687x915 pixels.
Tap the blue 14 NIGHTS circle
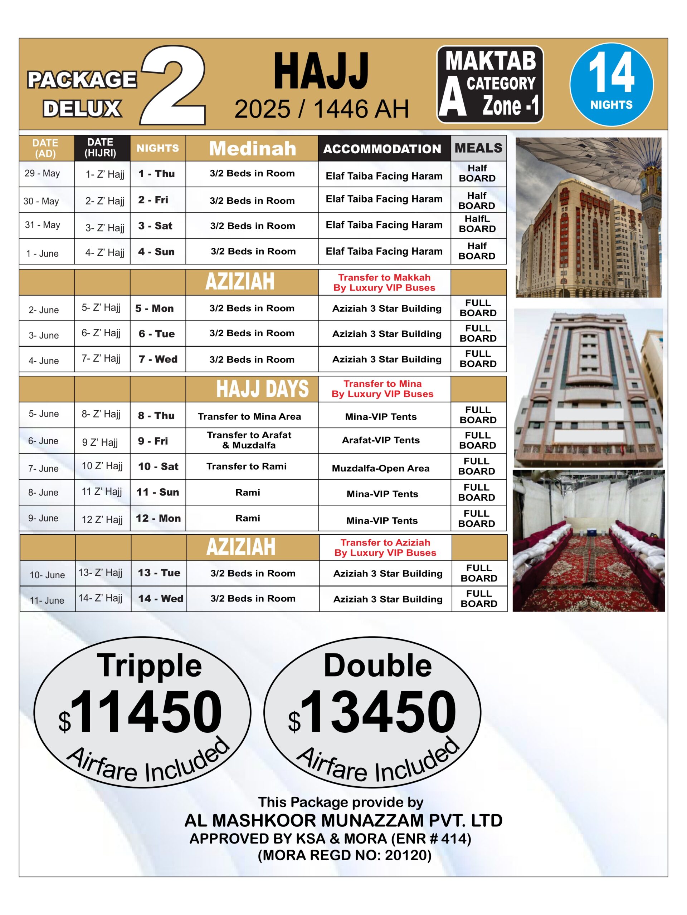611,84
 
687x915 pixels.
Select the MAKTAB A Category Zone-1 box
489,84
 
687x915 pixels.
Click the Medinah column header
252,148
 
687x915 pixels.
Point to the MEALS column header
478,148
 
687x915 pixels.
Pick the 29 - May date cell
42,173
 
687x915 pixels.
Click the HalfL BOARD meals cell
477,224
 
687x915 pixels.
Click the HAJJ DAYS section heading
262,389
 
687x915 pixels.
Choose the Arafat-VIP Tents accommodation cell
381,440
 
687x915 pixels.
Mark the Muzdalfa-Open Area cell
381,468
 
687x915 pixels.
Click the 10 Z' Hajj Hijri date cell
102,466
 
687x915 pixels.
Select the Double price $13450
372,712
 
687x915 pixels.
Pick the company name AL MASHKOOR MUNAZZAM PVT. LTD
343,820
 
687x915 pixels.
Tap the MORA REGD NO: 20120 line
345,855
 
